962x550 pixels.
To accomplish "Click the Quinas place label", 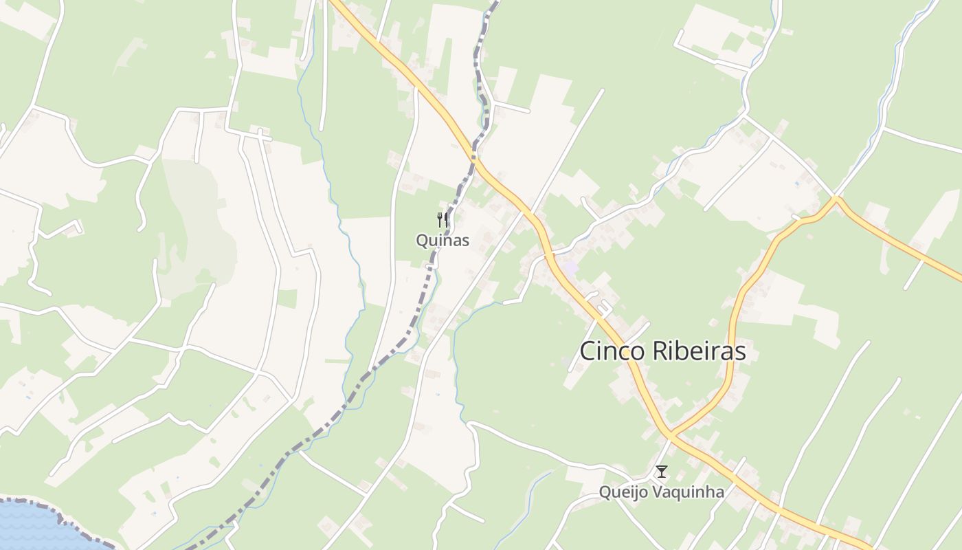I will click(x=443, y=241).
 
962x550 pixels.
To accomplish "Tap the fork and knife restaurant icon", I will click(x=443, y=220).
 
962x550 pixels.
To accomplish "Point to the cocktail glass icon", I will click(x=661, y=472).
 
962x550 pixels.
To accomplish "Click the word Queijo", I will click(x=623, y=492).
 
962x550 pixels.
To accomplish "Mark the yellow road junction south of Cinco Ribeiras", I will click(x=670, y=434).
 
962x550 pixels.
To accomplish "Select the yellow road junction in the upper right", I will click(x=836, y=199).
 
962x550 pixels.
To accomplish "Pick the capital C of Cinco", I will click(x=588, y=351).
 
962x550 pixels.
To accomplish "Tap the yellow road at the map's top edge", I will click(x=337, y=3).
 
